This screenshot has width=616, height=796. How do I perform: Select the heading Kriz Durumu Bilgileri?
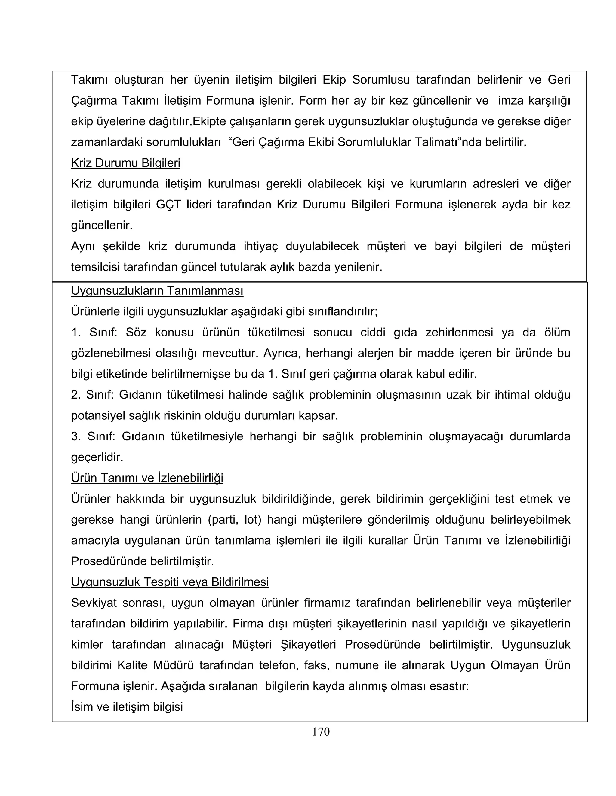[125, 163]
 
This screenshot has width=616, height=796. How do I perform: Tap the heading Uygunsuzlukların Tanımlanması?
[157, 291]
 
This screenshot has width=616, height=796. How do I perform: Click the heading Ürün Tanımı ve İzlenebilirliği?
[147, 478]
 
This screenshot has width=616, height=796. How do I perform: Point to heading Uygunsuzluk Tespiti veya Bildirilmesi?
[170, 582]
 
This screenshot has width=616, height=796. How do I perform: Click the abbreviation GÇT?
[168, 205]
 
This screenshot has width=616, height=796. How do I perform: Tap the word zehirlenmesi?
[459, 333]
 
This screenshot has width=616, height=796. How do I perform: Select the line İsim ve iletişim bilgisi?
[127, 707]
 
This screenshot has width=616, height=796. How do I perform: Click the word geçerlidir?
[97, 457]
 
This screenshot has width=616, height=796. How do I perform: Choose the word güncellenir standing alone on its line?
[101, 226]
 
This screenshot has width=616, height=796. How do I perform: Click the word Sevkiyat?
[94, 603]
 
